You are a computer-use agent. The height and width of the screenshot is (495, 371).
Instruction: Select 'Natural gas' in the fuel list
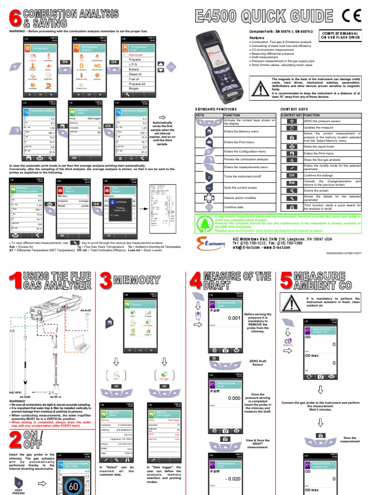pyautogui.click(x=139, y=55)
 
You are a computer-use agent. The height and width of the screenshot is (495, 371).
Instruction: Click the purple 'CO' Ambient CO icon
pyautogui.click(x=288, y=342)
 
